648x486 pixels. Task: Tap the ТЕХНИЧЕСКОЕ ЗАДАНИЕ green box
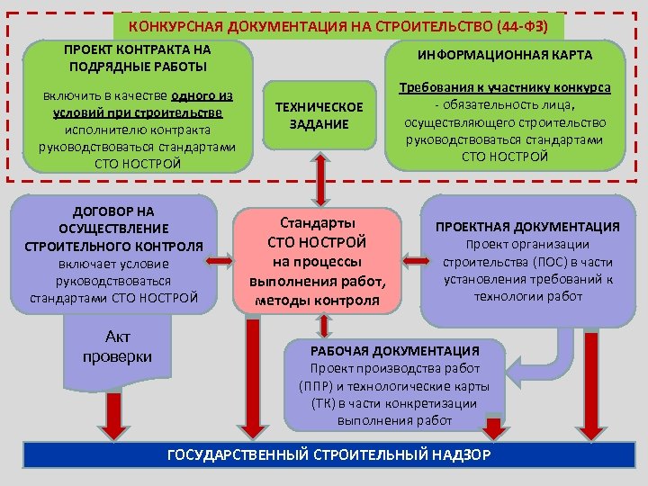click(x=319, y=115)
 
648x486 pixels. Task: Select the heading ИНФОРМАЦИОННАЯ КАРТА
click(x=504, y=55)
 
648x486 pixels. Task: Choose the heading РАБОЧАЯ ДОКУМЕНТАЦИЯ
click(x=394, y=350)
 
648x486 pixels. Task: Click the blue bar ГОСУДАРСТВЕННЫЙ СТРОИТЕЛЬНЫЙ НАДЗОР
click(x=328, y=454)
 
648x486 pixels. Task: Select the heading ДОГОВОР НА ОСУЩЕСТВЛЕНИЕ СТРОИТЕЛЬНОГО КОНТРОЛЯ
click(x=113, y=228)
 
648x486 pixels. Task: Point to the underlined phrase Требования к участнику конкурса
click(x=505, y=88)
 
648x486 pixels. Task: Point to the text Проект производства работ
click(x=394, y=368)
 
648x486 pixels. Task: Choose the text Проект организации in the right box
click(x=527, y=244)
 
